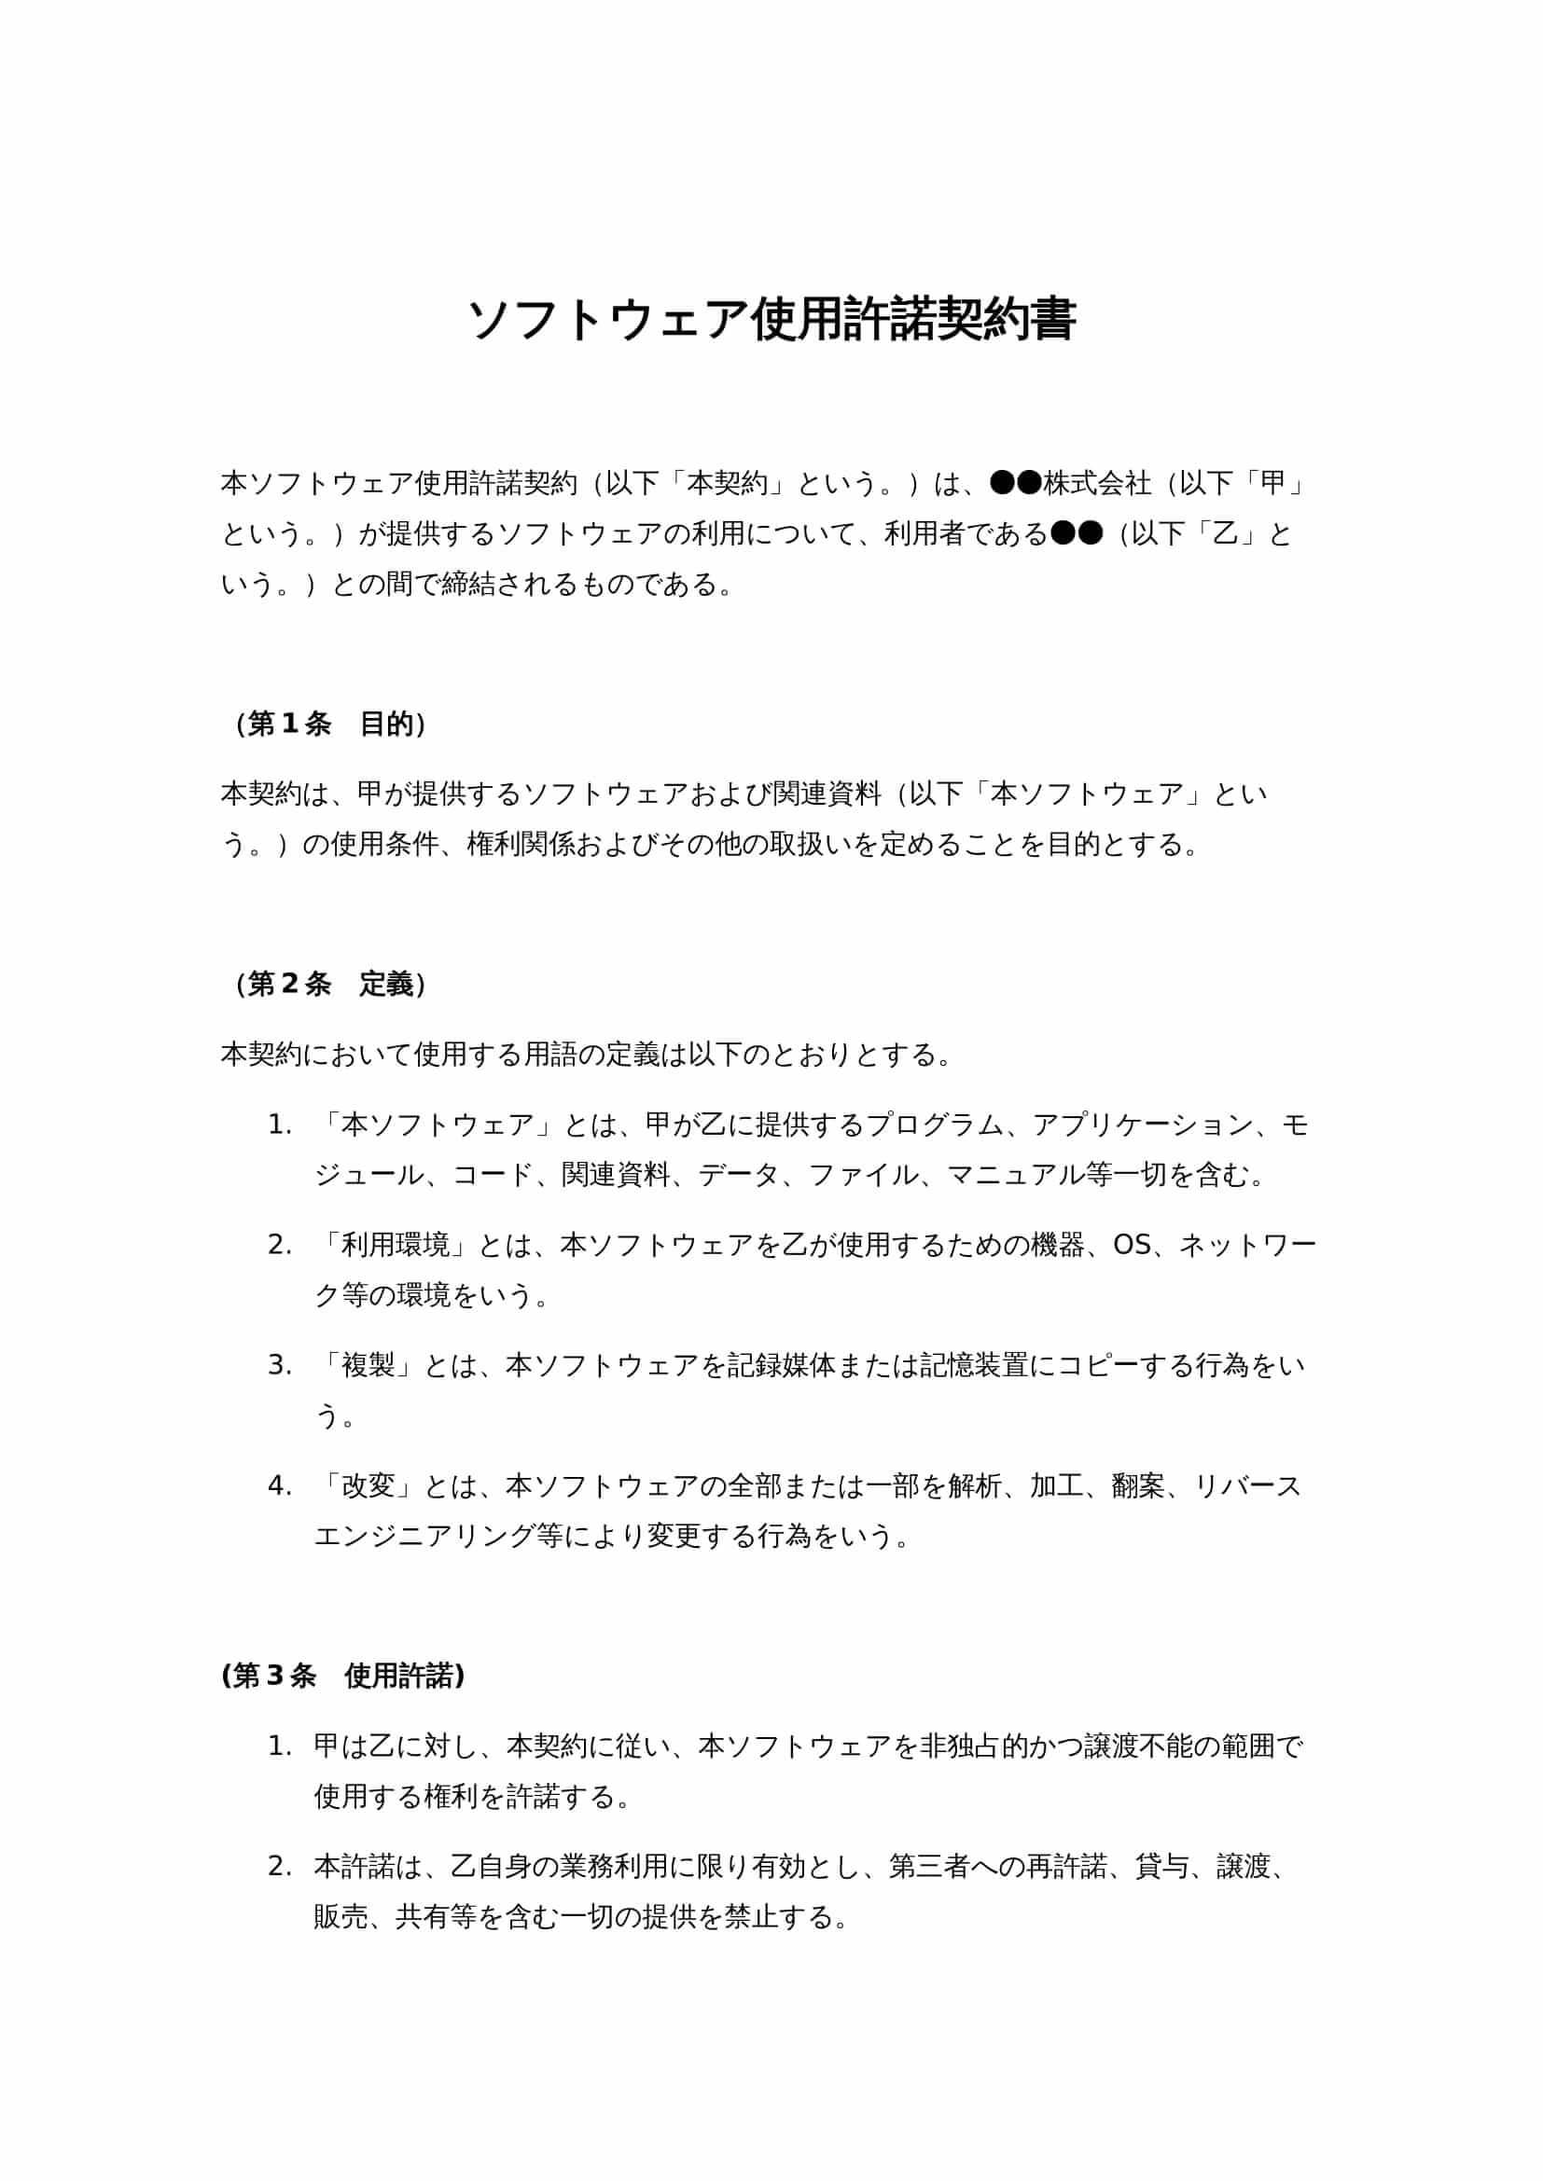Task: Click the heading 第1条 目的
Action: click(x=330, y=725)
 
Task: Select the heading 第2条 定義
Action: click(x=330, y=984)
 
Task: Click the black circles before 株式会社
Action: click(x=1016, y=484)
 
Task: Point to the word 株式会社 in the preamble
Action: click(x=1097, y=484)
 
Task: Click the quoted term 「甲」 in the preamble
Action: click(x=1272, y=484)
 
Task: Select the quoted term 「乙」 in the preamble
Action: click(x=1226, y=534)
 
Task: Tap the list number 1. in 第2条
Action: click(x=279, y=1125)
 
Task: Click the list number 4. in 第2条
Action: click(x=279, y=1485)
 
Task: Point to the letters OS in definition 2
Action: click(x=1132, y=1246)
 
